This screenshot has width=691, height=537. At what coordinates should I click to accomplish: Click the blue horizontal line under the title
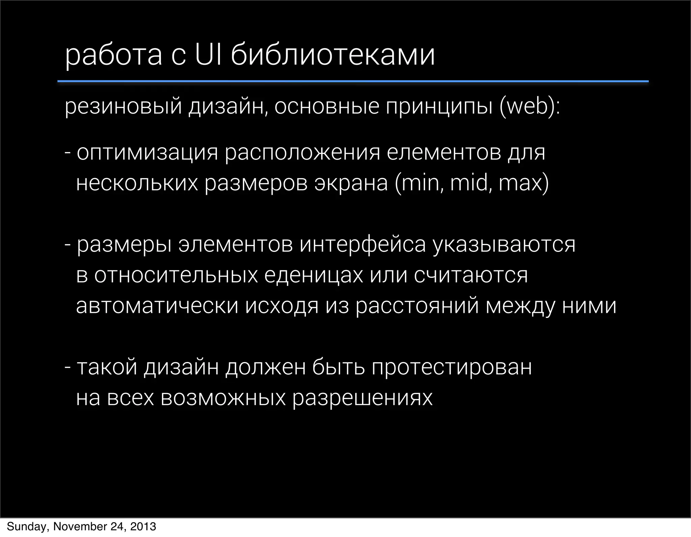pos(353,81)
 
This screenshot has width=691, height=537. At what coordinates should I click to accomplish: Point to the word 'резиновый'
pos(123,108)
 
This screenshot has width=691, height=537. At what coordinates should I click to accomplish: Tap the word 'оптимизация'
pos(147,153)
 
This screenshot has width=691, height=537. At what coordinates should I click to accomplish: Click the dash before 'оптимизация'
pos(67,152)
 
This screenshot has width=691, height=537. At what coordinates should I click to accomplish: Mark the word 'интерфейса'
pos(363,245)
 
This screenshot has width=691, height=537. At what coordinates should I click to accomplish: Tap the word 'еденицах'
pos(313,275)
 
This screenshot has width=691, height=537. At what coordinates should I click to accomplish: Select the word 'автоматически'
pos(157,306)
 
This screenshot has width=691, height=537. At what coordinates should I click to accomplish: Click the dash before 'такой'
pos(67,367)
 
